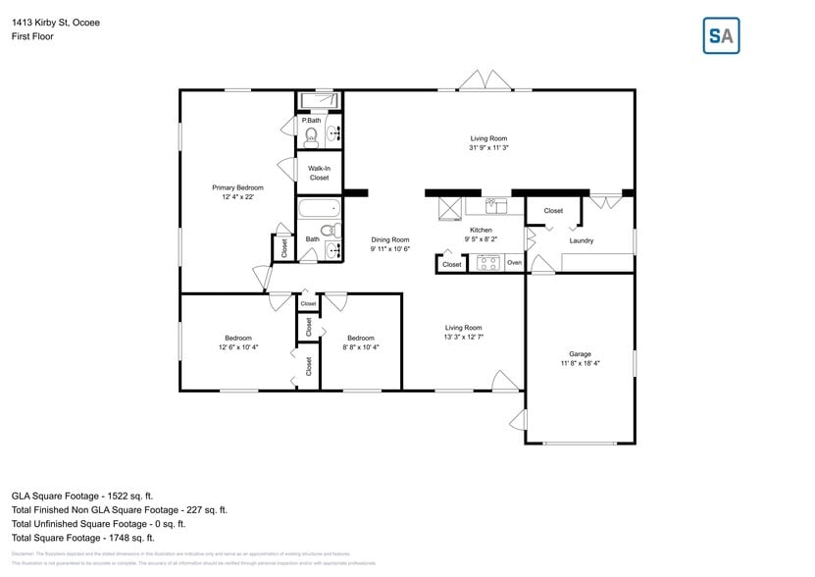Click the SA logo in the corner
[x=721, y=35]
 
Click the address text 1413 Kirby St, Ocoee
[x=55, y=22]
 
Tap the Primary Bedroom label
[x=238, y=187]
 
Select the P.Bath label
[x=312, y=121]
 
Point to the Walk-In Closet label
[x=319, y=173]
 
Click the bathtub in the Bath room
[x=319, y=208]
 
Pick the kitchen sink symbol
[x=494, y=206]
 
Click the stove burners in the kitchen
[x=488, y=263]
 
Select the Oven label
[x=514, y=263]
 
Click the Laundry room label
[x=581, y=240]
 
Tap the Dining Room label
[x=389, y=239]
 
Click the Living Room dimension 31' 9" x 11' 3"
[x=488, y=147]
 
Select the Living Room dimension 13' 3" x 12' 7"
[x=463, y=337]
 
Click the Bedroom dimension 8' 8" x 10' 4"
[x=361, y=347]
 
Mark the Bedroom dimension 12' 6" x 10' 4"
[x=237, y=347]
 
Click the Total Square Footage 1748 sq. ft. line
[x=83, y=538]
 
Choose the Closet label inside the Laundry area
[x=553, y=211]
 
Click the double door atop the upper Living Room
[x=485, y=81]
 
